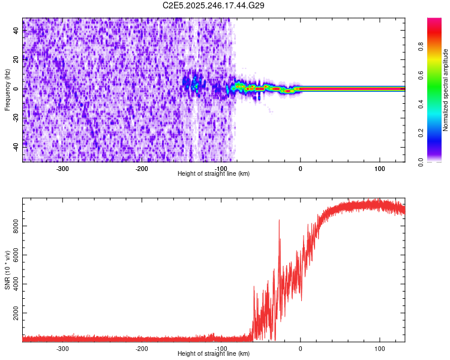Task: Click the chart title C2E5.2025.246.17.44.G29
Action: tap(214, 5)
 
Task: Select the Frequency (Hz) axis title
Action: tap(8, 89)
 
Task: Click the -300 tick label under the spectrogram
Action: tap(62, 169)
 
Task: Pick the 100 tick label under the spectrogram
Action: tap(380, 169)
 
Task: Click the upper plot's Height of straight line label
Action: tap(214, 174)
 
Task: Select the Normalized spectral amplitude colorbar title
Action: tap(445, 89)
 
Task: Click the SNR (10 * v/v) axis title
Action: tap(8, 270)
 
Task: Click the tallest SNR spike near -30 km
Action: tap(279, 221)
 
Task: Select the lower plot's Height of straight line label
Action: tap(214, 354)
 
